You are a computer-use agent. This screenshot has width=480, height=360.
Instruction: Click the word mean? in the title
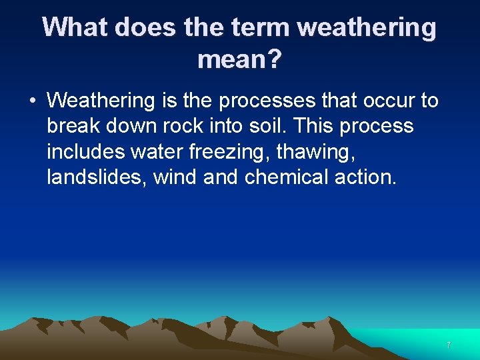(239, 61)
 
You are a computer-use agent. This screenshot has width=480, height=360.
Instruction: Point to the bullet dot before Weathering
(31, 101)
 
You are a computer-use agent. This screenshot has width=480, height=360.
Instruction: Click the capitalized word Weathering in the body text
(101, 101)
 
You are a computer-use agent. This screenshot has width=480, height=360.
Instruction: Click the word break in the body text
(72, 126)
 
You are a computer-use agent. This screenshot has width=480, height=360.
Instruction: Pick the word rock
(184, 126)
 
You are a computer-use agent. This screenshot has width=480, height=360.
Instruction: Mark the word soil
(268, 126)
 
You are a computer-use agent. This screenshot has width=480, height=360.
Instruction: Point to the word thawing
(313, 152)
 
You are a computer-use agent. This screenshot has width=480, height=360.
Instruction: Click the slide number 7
(449, 345)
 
